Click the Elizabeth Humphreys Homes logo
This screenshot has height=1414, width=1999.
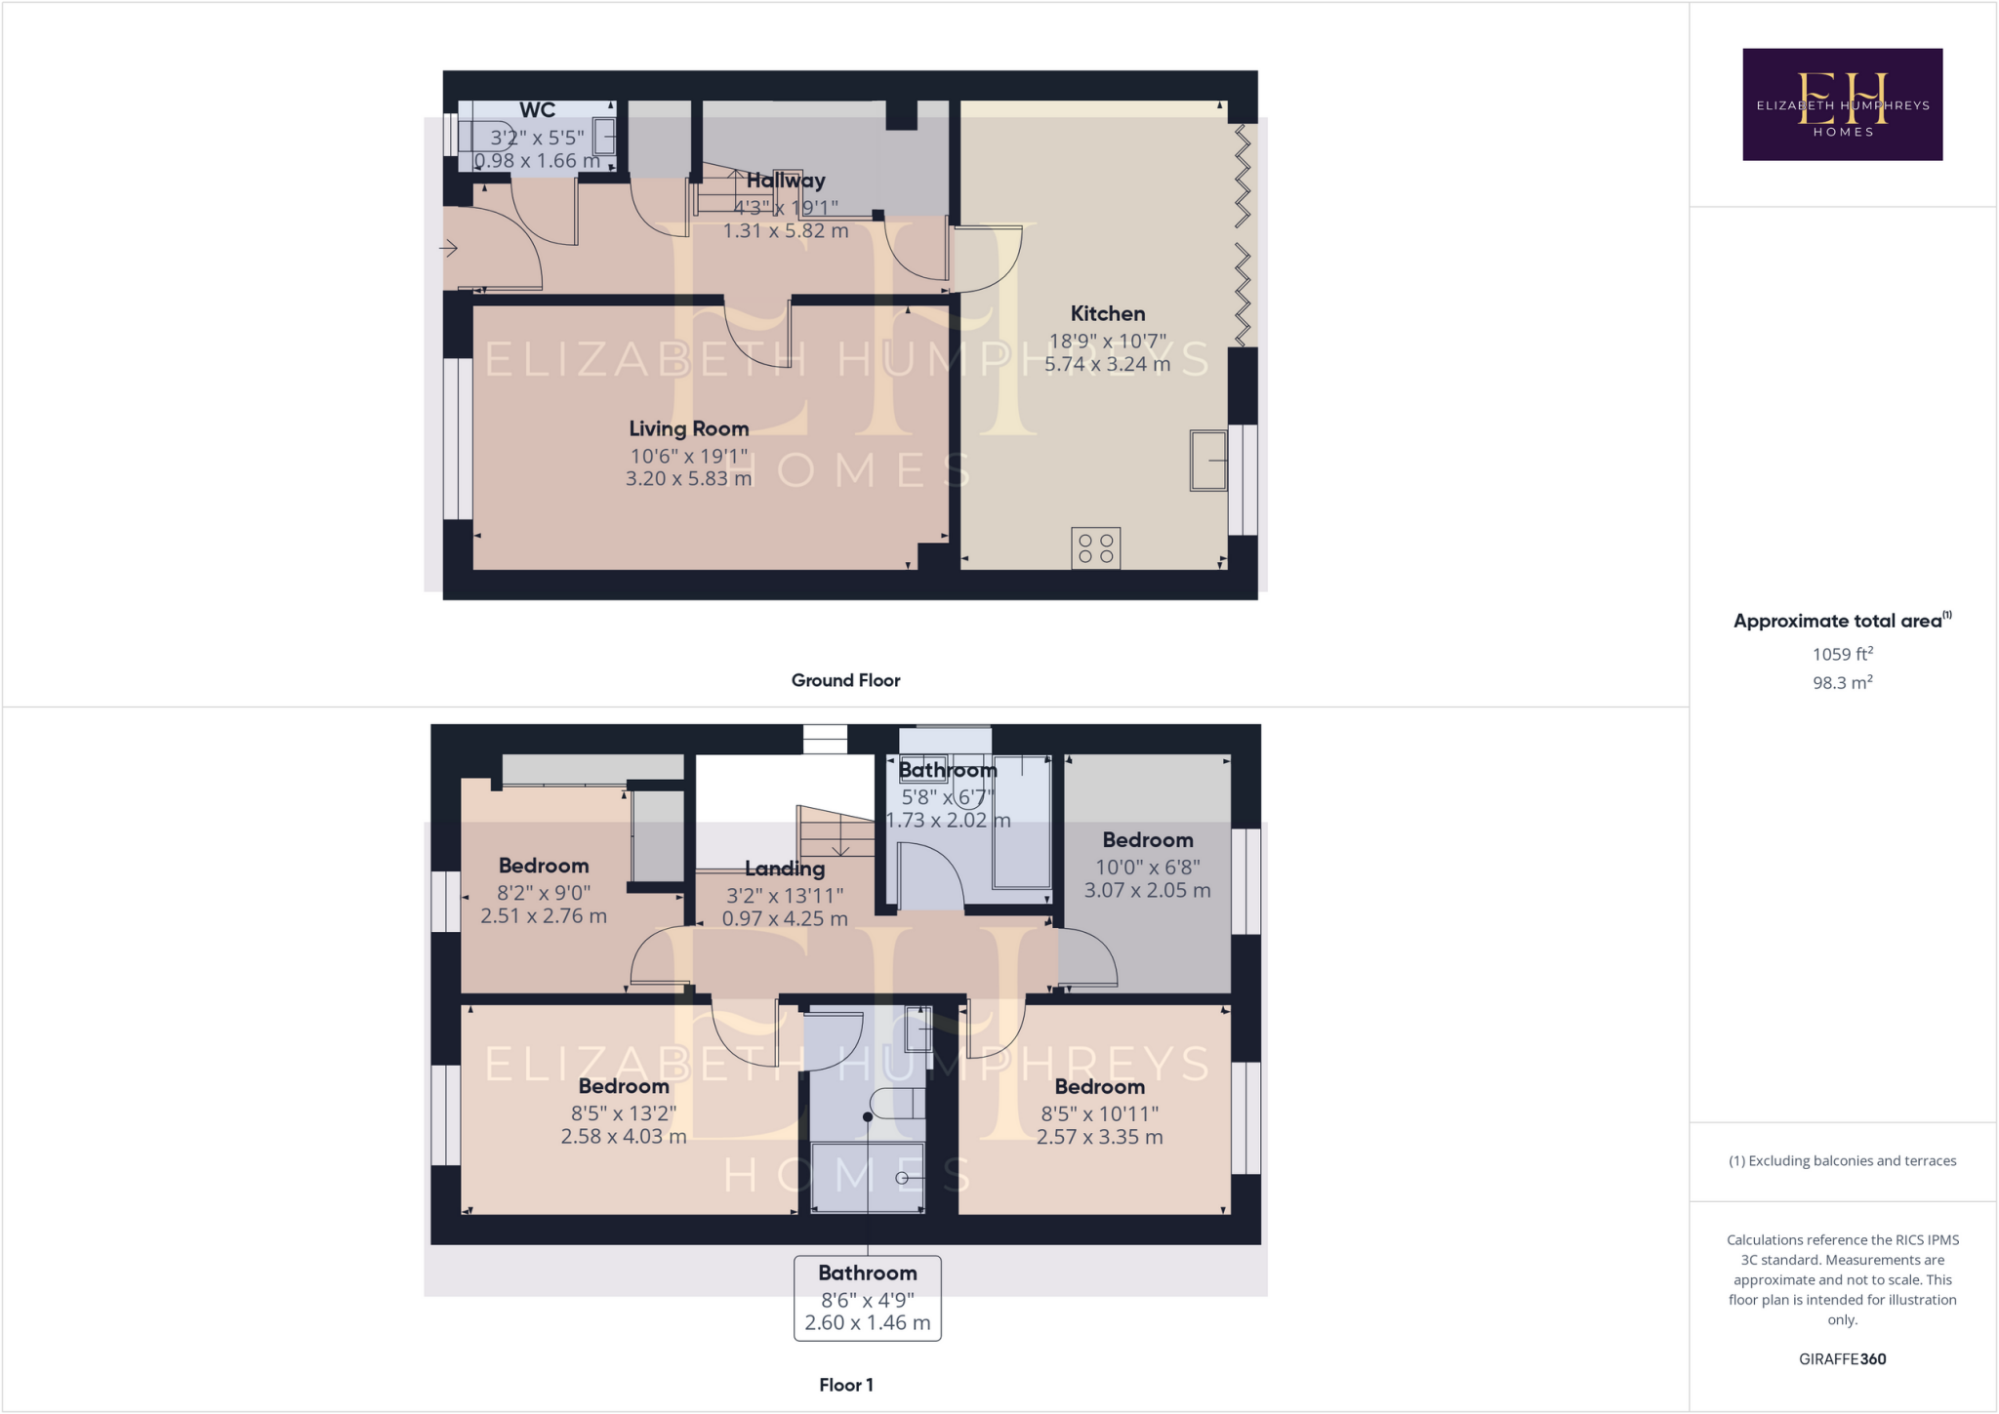(x=1842, y=104)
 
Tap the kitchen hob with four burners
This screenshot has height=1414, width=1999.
(x=1095, y=547)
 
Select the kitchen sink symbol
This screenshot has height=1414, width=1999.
(x=1207, y=460)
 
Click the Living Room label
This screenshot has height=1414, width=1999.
(x=688, y=428)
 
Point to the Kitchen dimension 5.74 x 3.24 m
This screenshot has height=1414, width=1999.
(x=1107, y=365)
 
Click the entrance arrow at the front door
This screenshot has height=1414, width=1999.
(x=449, y=249)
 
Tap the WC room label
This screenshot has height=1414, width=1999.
(x=537, y=110)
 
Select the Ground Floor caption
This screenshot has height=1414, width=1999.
(x=845, y=680)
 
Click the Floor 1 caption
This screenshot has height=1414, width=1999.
(x=845, y=1385)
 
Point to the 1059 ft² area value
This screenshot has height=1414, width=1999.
(x=1842, y=655)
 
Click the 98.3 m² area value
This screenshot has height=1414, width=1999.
(x=1842, y=683)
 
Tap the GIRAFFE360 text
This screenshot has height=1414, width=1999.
(x=1842, y=1359)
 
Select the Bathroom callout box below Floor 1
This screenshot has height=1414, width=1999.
(x=867, y=1298)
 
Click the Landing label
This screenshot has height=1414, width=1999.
(x=785, y=869)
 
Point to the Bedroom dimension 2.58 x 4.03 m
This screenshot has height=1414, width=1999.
(x=624, y=1137)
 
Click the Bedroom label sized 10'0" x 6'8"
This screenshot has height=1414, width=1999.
(x=1147, y=840)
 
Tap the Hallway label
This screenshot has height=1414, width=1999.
(x=786, y=181)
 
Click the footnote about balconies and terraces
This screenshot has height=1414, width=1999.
(x=1842, y=1161)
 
